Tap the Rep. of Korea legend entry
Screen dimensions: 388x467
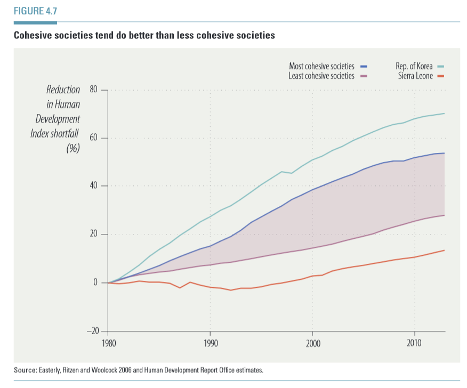414,67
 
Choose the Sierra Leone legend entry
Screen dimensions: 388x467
415,76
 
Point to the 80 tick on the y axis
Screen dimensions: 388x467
94,90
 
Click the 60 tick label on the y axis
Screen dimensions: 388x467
94,138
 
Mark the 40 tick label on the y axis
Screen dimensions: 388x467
94,186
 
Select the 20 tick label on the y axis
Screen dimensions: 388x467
94,235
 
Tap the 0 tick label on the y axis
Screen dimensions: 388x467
96,282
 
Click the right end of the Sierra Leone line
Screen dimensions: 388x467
445,250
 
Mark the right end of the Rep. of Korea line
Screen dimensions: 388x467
445,114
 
